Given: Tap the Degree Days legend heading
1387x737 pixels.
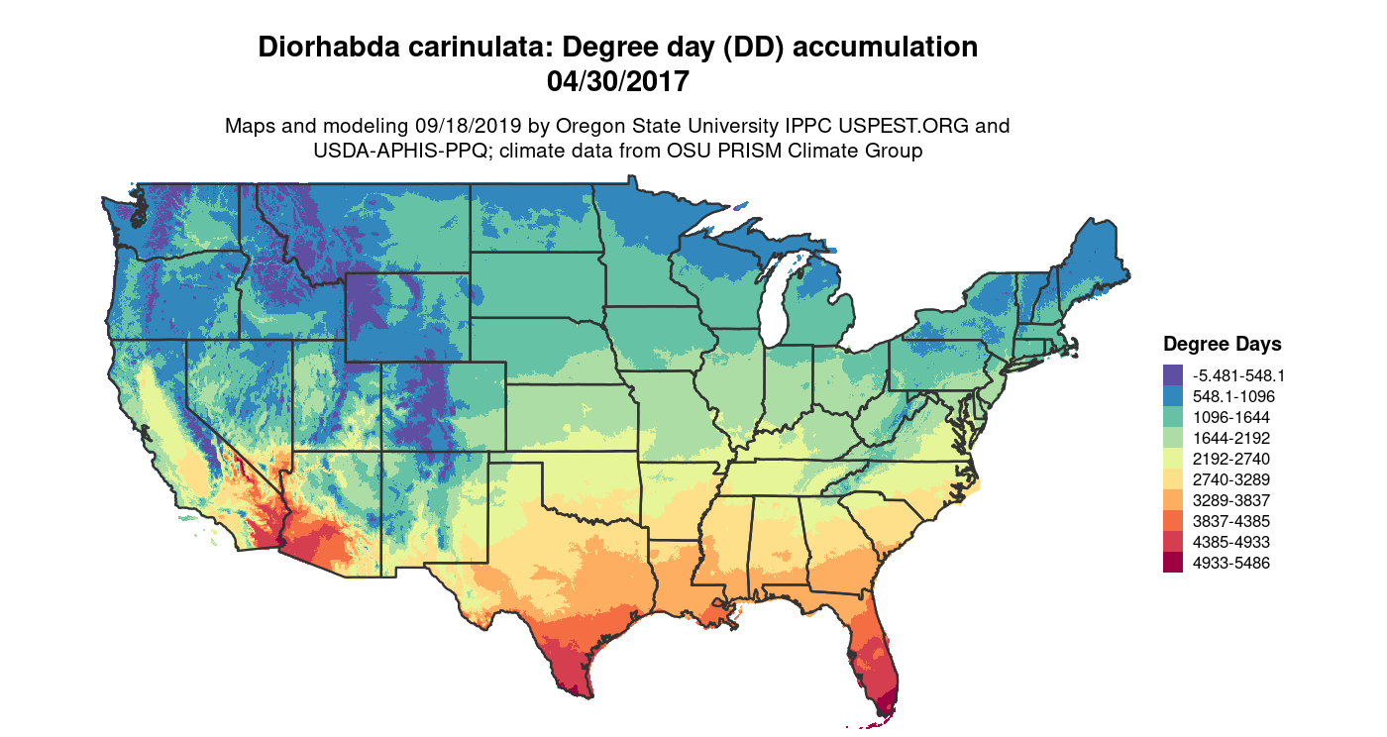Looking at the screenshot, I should [x=1222, y=344].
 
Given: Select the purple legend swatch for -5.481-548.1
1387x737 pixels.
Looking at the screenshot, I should [x=1173, y=375].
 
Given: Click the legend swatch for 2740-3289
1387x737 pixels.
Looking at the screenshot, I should [x=1173, y=479].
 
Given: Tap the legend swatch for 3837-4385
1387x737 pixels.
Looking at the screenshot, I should [x=1173, y=521].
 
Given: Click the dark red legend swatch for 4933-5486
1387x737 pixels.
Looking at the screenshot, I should [x=1173, y=563].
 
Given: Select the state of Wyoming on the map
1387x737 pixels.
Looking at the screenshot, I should [x=406, y=317].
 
